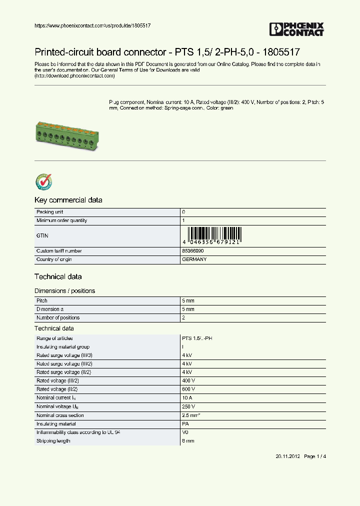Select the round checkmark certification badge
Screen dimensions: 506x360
tap(43, 182)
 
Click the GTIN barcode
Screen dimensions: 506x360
tap(213, 235)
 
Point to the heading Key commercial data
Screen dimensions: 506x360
tap(68, 200)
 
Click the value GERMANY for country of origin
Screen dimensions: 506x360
tap(194, 259)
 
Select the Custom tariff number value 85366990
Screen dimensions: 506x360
tap(193, 250)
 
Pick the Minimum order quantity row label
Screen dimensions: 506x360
tap(61, 220)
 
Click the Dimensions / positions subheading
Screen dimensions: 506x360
tap(64, 290)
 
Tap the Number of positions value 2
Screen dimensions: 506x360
tap(183, 317)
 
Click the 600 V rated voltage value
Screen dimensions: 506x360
tap(188, 389)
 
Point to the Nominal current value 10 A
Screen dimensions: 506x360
tap(187, 398)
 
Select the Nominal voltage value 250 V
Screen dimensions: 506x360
tap(188, 406)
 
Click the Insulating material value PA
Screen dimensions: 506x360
tap(185, 423)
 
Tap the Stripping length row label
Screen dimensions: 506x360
tap(53, 440)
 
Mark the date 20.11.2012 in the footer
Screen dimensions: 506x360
tap(287, 456)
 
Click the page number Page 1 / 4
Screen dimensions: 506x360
tap(315, 456)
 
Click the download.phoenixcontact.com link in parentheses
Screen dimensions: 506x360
tap(74, 76)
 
